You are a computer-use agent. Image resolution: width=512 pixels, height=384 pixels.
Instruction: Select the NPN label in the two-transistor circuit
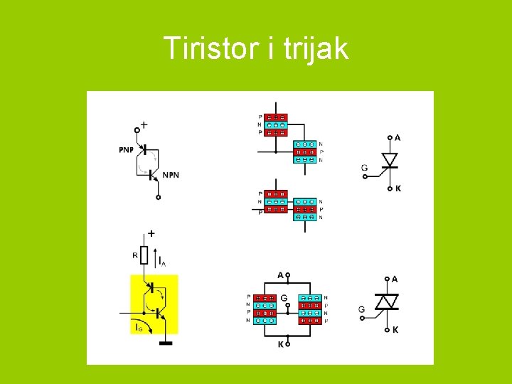171,175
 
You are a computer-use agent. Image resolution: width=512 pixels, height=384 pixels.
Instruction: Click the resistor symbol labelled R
144,255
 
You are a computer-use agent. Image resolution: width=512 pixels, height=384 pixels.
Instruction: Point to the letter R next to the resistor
135,254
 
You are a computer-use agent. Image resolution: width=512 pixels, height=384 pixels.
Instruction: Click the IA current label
162,262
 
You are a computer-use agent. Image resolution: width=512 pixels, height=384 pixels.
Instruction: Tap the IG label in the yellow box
138,328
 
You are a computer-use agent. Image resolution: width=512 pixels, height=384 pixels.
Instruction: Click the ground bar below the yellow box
165,343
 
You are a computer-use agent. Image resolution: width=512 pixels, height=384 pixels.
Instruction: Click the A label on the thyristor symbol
397,137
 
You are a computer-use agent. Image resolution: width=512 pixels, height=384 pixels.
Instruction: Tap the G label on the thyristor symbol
364,169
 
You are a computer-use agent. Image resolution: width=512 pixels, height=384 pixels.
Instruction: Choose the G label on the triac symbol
362,309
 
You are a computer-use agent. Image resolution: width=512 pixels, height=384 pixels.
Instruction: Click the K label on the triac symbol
395,330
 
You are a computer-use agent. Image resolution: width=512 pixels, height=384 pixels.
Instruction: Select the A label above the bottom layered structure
280,274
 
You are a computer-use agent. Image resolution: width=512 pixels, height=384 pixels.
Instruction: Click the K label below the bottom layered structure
280,343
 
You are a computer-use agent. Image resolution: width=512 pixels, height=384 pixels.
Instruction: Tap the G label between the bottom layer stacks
284,297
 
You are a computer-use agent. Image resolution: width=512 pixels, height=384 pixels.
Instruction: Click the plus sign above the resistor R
151,233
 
